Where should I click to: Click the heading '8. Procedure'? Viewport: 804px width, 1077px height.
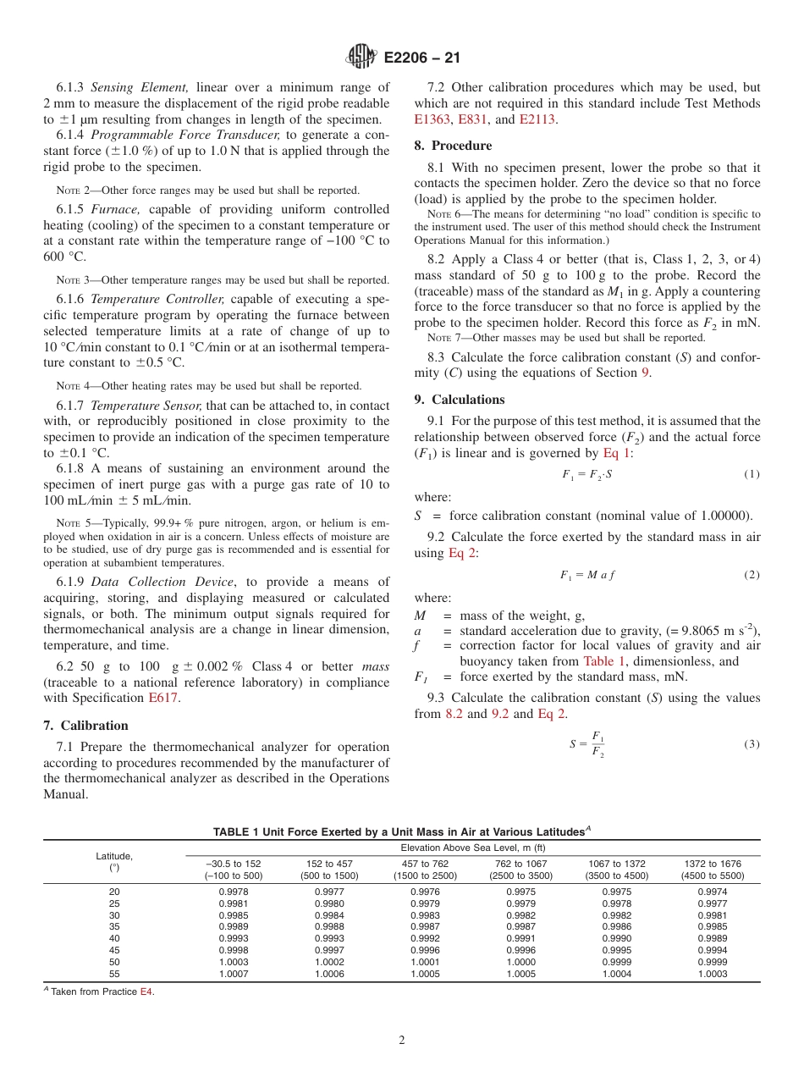click(x=453, y=146)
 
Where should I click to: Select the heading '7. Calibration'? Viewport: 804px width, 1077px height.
click(x=85, y=726)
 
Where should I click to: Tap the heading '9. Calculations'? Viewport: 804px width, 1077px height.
click(x=460, y=400)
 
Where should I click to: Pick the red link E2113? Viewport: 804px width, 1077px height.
click(x=537, y=119)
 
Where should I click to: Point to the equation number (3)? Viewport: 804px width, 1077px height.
click(x=752, y=744)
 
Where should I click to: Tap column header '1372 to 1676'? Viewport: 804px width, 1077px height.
click(x=712, y=864)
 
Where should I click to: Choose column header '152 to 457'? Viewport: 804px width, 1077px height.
click(x=329, y=864)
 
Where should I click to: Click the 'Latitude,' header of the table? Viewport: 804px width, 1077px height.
click(x=114, y=857)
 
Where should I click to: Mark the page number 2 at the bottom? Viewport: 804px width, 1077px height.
click(x=402, y=1041)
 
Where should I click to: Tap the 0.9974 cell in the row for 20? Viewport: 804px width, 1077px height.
click(x=712, y=892)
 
